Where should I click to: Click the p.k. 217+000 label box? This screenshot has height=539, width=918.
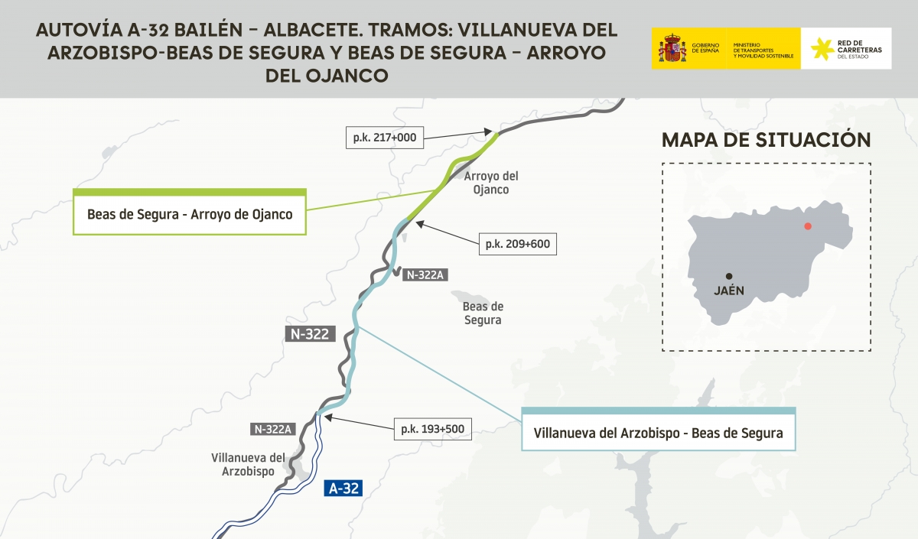pos(384,138)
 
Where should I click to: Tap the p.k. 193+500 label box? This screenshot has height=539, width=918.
pos(431,428)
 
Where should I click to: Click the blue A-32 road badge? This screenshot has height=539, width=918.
pos(343,489)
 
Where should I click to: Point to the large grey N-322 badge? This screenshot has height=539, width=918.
pos(311,333)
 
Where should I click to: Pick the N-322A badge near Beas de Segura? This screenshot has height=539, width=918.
pos(425,274)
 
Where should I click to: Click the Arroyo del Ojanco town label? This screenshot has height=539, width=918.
pos(487,183)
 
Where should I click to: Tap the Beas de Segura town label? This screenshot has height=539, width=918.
pos(483,313)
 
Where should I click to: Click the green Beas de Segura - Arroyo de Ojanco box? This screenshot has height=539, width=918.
pos(190,214)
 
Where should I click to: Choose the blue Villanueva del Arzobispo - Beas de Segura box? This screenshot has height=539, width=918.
pos(658,433)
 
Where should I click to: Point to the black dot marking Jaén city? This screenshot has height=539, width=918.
pos(729,276)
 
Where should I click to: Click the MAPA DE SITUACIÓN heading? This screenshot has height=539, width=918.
pos(766,140)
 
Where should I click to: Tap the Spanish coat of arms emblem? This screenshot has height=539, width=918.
pos(672,48)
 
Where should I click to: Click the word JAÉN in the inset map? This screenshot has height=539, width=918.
pos(729,291)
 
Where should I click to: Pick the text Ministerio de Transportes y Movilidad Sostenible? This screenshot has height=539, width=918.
pos(763,50)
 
